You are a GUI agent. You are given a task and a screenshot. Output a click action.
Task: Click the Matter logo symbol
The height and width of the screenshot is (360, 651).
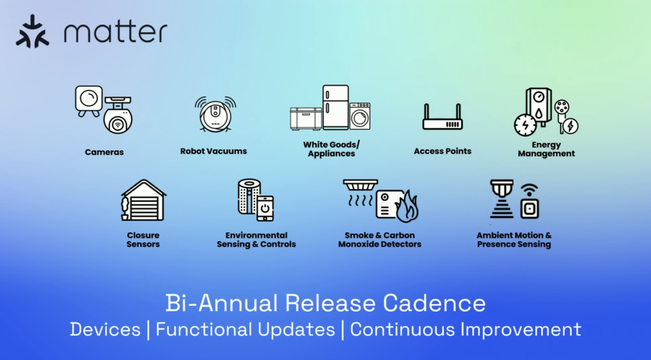[x=32, y=31]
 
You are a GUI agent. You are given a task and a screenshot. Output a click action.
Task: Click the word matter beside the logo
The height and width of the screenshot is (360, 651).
[x=116, y=32]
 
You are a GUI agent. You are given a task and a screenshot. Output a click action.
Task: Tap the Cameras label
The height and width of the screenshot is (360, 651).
[x=104, y=152]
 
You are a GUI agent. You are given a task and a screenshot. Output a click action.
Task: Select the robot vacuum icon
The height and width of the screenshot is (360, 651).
[x=215, y=114]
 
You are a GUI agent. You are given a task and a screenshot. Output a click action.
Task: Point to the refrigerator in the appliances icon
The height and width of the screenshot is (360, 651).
[x=336, y=107]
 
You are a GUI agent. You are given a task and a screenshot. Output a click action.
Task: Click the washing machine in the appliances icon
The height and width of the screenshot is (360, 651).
[x=360, y=116]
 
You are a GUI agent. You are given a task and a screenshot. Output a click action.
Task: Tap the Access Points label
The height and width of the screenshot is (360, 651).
[x=442, y=151]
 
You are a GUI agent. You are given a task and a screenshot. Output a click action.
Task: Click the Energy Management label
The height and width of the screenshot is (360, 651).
[x=546, y=149]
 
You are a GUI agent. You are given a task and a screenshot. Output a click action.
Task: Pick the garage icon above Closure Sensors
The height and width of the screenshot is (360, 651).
[x=144, y=200]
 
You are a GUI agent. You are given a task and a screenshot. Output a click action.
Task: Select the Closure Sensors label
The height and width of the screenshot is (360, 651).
[x=143, y=240]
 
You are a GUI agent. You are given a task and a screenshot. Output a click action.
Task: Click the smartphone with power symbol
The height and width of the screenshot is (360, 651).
[x=265, y=208]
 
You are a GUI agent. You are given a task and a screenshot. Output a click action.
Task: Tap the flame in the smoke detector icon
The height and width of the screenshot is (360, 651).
[x=407, y=207]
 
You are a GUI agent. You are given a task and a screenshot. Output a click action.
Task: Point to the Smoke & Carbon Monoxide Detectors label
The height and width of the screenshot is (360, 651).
[x=380, y=240]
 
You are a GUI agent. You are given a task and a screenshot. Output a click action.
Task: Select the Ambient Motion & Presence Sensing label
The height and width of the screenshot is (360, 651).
[x=514, y=240]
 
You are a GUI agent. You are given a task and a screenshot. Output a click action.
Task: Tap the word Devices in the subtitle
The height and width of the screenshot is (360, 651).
[x=105, y=329]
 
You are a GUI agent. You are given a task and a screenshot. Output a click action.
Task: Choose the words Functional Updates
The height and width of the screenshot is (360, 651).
[x=245, y=329]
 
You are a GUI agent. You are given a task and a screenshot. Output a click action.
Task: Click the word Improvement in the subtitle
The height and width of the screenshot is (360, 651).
[x=521, y=329]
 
